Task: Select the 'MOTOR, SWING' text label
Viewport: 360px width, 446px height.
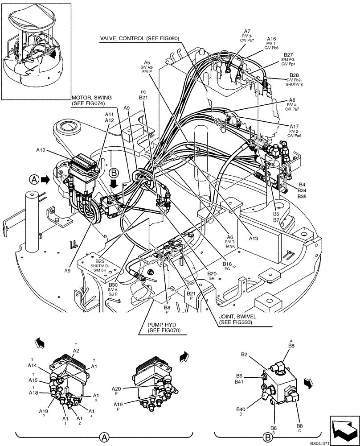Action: point(91,98)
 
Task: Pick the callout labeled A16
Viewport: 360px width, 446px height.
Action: point(271,39)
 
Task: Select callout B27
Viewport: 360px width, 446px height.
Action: point(288,55)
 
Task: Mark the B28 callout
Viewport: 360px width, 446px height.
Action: point(295,75)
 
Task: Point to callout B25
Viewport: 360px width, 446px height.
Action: point(100,261)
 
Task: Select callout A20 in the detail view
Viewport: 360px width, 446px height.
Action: point(116,389)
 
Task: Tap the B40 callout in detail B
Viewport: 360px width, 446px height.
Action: point(241,409)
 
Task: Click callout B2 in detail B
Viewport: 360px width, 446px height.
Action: point(244,355)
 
